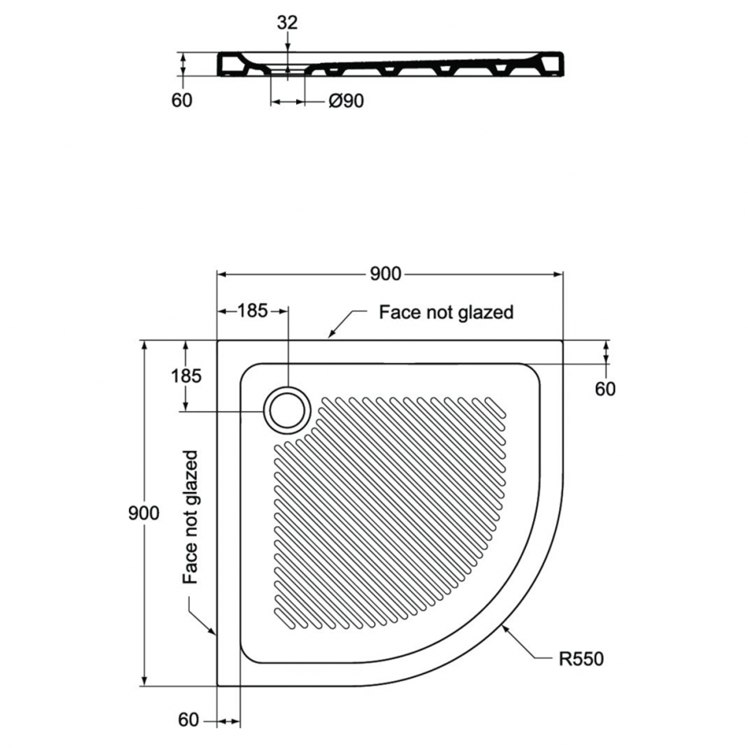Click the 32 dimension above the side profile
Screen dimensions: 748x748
coord(287,22)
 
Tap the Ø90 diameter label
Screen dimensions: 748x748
coord(346,101)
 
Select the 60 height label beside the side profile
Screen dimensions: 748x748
coord(182,100)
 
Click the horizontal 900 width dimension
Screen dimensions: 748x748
coord(386,274)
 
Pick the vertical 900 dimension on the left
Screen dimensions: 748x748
coord(143,513)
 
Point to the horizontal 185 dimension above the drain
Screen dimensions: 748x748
coord(253,311)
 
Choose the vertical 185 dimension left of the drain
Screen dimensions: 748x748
coord(186,376)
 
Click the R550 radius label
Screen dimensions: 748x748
coord(581,659)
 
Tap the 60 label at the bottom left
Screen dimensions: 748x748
coord(188,720)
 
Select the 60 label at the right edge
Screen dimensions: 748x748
coord(605,389)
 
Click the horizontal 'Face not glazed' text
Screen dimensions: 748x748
coord(446,312)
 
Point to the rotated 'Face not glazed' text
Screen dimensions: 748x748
coord(190,517)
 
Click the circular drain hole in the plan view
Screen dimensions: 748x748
coord(287,411)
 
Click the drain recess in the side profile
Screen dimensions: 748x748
coord(288,70)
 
